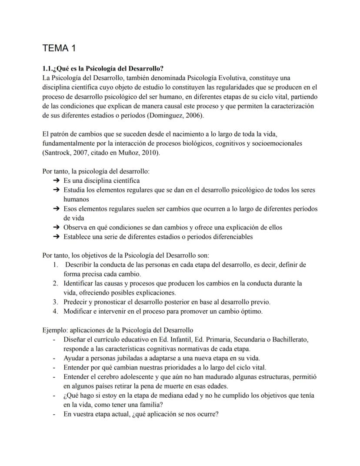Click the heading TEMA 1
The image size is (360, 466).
(x=59, y=48)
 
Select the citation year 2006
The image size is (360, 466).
(x=193, y=116)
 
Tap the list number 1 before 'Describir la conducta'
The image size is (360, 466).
(x=55, y=265)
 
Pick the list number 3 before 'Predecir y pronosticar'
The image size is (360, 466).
(x=55, y=302)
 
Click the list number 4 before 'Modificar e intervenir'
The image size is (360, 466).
(x=55, y=312)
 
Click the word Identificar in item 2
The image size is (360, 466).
(x=79, y=284)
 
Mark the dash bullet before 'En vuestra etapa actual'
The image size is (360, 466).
(x=54, y=414)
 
